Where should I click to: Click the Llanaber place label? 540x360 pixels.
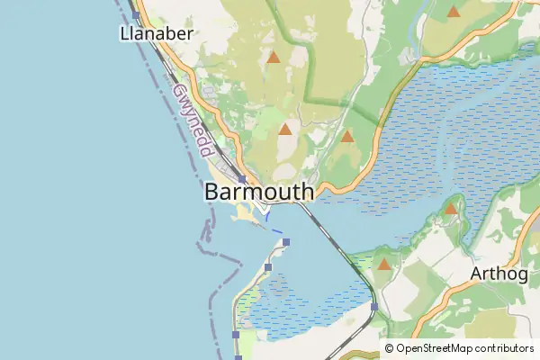157,33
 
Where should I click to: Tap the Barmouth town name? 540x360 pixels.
259,192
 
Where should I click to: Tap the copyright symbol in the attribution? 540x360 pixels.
389,348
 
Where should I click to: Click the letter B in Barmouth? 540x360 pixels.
212,192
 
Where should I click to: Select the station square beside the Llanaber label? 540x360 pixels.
136,15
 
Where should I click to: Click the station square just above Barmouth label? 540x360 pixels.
242,179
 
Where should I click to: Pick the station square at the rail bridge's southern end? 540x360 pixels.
373,307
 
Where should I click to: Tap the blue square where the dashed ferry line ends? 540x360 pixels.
286,242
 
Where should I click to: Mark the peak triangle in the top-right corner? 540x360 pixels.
454,12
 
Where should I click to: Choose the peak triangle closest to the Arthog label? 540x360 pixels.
451,209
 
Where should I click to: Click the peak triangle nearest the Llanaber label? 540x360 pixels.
274,58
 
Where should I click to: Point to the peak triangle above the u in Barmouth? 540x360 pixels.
285,130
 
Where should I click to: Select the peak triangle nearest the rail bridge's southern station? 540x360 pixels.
384,265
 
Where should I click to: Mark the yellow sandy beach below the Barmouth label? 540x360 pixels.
243,213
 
